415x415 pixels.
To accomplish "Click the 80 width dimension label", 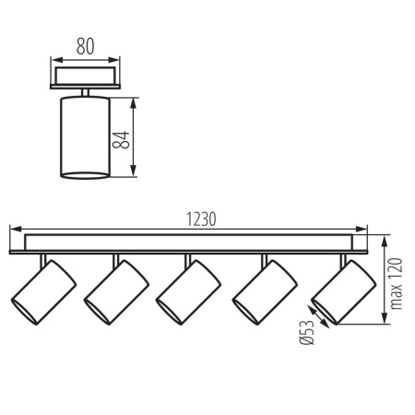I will pos(84,44).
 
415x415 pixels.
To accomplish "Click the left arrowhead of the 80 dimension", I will pos(53,55).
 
